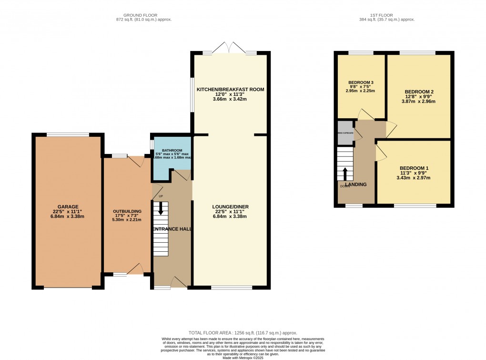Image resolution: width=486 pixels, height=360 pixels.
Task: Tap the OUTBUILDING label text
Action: click(127, 211)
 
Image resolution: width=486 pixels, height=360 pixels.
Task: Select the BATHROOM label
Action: click(172, 150)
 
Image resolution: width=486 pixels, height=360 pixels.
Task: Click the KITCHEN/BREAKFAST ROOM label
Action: click(230, 89)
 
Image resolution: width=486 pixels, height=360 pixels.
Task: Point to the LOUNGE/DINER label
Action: click(230, 206)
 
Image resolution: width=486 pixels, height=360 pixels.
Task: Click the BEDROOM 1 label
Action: click(414, 168)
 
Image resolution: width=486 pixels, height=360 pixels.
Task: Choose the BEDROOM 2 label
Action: click(419, 91)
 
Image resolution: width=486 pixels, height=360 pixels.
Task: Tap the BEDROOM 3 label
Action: click(361, 82)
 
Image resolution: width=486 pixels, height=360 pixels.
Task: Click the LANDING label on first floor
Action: click(355, 184)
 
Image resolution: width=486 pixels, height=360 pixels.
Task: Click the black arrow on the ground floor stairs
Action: click(161, 207)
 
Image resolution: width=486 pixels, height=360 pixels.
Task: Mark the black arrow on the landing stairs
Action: click(345, 174)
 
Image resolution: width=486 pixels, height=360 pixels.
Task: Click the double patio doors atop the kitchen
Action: click(230, 48)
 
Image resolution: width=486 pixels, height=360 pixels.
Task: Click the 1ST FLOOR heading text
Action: click(386, 15)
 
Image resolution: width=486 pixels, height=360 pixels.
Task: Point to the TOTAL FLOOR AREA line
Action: click(243, 332)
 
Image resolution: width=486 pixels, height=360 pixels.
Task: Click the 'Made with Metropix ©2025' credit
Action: click(243, 358)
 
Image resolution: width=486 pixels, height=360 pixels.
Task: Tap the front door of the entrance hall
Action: click(179, 284)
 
